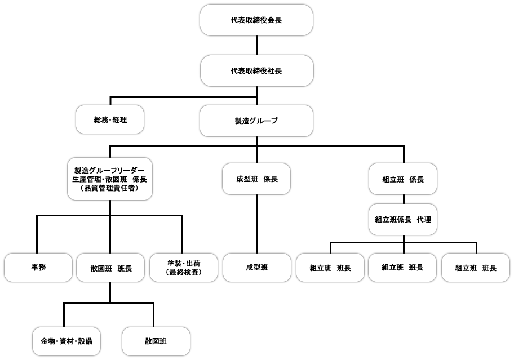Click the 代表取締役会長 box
pos(256,20)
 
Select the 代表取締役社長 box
pos(256,71)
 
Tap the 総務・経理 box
pos(110,119)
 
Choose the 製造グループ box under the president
pos(256,121)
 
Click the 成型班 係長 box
pos(256,179)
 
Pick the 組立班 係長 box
pos(403,179)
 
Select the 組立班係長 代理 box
pos(403,220)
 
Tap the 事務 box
pos(38,268)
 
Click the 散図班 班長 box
pos(110,268)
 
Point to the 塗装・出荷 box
pos(184,268)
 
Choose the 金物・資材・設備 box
pos(67,341)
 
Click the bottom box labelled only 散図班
pos(156,341)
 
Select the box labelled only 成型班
pos(257,268)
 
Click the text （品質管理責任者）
pos(109,188)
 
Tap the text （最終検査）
pos(184,272)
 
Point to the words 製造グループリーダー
pos(109,170)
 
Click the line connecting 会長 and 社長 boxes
pos(257,46)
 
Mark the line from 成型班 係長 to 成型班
pos(257,224)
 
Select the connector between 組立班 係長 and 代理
pos(404,199)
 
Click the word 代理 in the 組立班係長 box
pos(424,220)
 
